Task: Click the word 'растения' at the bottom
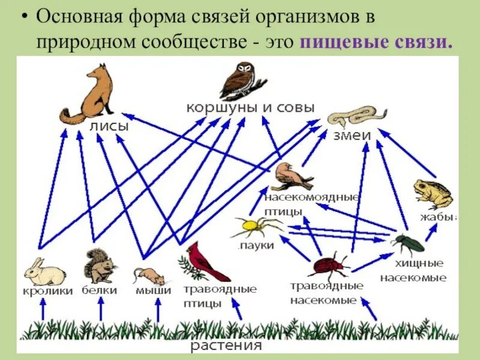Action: [227, 346]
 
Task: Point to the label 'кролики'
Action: [49, 291]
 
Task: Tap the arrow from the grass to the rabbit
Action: [42, 310]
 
